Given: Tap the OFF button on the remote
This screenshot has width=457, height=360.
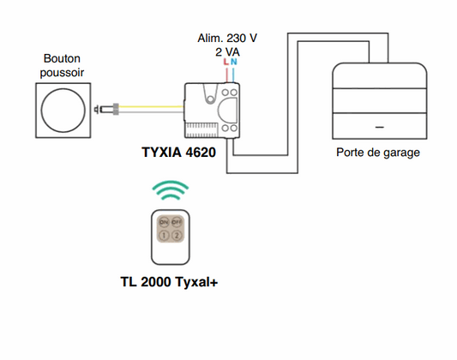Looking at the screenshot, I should (x=177, y=221).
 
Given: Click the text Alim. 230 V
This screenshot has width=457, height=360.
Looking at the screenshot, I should (x=228, y=38).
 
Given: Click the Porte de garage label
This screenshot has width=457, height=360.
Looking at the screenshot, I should (x=378, y=153).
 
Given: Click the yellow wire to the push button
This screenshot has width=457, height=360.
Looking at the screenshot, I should (x=146, y=108).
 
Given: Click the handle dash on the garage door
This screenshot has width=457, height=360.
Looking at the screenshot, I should (x=379, y=125).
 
